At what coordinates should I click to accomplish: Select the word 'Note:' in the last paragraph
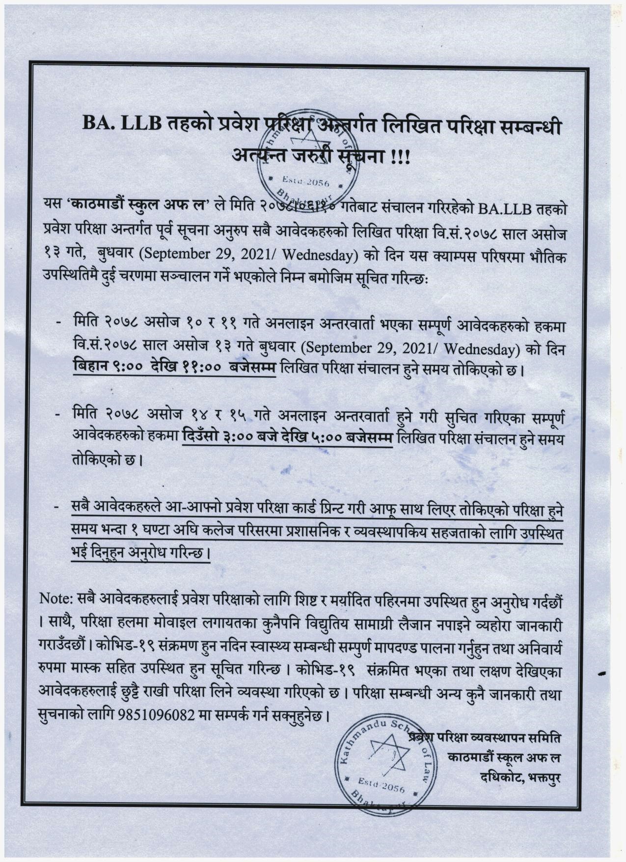coord(55,599)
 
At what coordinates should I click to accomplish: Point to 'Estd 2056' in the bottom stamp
coord(381,786)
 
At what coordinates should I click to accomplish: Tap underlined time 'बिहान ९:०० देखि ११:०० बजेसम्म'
coord(174,368)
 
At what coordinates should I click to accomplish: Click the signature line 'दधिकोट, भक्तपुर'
coord(521,777)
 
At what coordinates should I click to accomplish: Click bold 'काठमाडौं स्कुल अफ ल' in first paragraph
coord(140,208)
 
